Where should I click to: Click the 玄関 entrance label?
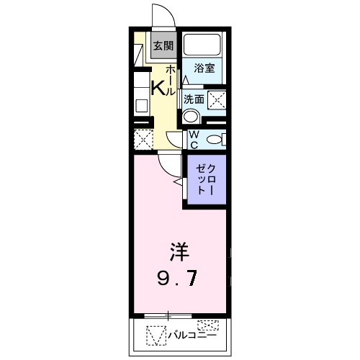tap(163, 45)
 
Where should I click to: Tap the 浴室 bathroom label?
tap(204, 68)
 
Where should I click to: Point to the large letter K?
tap(158, 87)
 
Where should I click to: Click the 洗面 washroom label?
tap(194, 99)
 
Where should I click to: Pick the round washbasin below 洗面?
tap(190, 117)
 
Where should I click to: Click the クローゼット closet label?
tap(205, 179)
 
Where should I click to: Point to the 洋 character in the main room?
tap(179, 252)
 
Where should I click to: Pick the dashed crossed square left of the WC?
tap(142, 138)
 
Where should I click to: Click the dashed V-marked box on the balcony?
tap(156, 336)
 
